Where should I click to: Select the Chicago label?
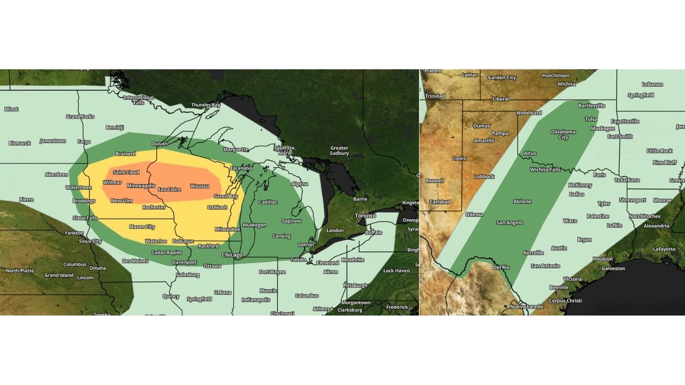pos(232,255)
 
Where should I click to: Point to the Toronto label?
pos(365,215)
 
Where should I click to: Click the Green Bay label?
pos(225,196)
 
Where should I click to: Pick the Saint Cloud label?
pos(126,172)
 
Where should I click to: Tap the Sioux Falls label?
pos(86,218)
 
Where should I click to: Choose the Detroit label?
pos(306,245)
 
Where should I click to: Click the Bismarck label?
pos(20,143)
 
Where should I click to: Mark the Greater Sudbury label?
pos(339,151)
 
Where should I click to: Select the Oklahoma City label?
pos(563,134)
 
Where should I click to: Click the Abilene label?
pos(522,202)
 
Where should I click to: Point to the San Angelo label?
pos(509,222)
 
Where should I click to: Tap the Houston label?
pos(603,259)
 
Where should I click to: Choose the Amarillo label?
pos(484,141)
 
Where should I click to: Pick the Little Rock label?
pos(659,151)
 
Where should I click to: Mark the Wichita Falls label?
pos(545,170)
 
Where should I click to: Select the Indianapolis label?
pos(256,300)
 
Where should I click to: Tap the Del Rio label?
pos(501,267)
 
